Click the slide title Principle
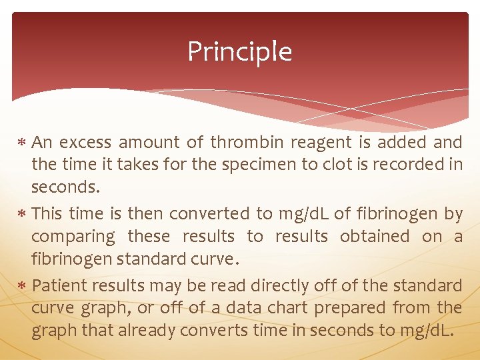point(239,52)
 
